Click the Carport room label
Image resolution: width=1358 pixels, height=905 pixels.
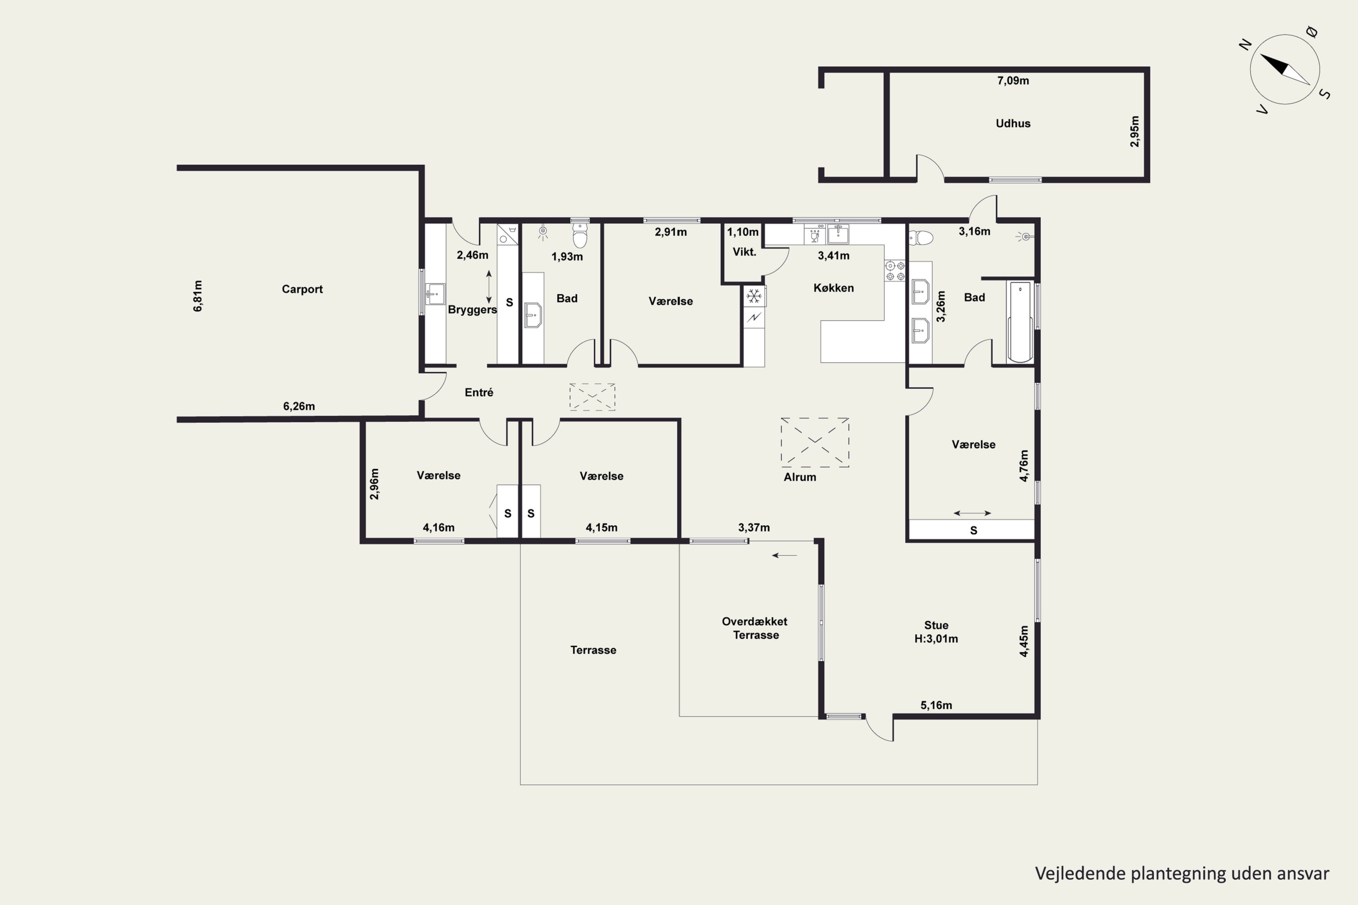(x=302, y=289)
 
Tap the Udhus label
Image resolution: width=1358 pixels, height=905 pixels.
(x=1013, y=123)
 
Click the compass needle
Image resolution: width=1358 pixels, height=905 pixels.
(x=1285, y=69)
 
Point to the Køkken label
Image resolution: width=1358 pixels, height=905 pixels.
(x=833, y=287)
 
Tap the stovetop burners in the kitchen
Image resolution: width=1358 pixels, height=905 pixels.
(x=895, y=271)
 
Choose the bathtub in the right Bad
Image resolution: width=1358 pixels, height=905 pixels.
(x=1020, y=321)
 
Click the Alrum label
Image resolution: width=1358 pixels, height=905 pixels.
(x=800, y=477)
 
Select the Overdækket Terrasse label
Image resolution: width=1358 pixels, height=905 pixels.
(x=755, y=628)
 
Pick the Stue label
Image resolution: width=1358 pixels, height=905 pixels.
(x=936, y=625)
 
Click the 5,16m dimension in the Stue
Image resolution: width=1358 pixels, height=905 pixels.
(x=936, y=705)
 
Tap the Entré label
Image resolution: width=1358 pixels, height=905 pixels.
(x=478, y=392)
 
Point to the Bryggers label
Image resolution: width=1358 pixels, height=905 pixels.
(x=472, y=310)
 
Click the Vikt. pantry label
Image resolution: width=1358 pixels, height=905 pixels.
(x=744, y=252)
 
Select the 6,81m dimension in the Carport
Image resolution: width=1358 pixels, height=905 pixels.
(x=197, y=296)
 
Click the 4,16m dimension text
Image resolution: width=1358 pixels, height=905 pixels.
(x=438, y=528)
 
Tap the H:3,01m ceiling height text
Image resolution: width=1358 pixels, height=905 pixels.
(x=936, y=639)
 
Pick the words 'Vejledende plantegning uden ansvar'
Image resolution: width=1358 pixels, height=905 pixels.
(x=1182, y=873)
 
